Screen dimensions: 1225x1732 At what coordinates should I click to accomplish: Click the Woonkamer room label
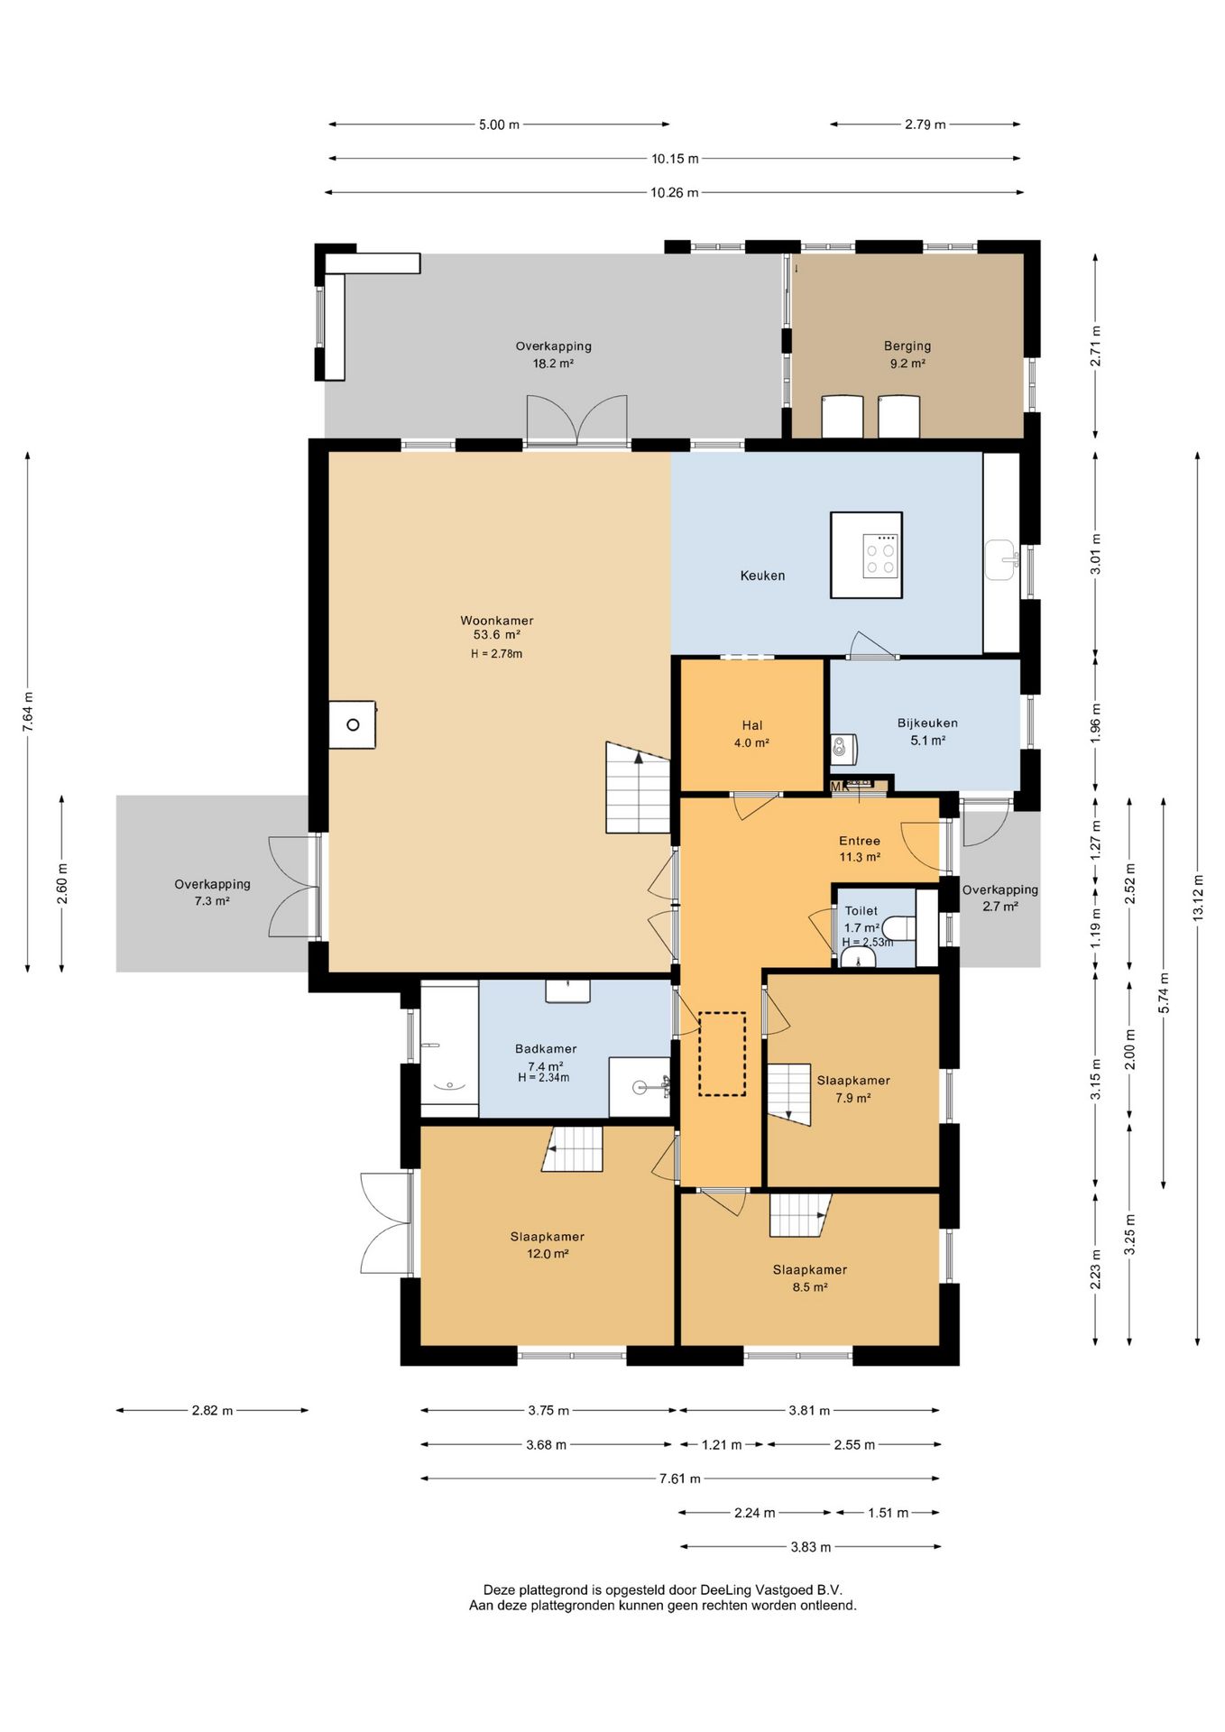coord(496,621)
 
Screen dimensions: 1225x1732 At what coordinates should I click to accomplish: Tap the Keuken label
coord(762,576)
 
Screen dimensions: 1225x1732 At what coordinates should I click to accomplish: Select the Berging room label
coord(907,346)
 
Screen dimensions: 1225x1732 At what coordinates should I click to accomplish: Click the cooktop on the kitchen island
coord(880,556)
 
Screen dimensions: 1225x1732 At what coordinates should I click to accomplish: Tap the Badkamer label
coord(546,1049)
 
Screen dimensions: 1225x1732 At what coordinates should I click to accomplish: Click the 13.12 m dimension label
coord(1198,898)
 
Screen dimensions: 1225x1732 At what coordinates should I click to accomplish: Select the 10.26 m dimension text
coord(674,192)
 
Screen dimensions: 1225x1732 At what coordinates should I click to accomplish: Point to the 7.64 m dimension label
coord(28,712)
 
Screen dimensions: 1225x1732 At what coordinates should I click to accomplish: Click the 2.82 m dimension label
coord(212,1410)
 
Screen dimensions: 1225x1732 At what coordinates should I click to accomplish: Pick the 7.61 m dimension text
coord(679,1479)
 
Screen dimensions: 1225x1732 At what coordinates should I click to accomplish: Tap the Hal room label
coord(752,725)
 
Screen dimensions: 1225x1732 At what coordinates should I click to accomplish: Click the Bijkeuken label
coord(927,723)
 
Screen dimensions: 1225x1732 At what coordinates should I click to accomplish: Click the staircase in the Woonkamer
coord(638,788)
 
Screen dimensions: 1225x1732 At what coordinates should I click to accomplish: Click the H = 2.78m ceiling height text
coord(496,654)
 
